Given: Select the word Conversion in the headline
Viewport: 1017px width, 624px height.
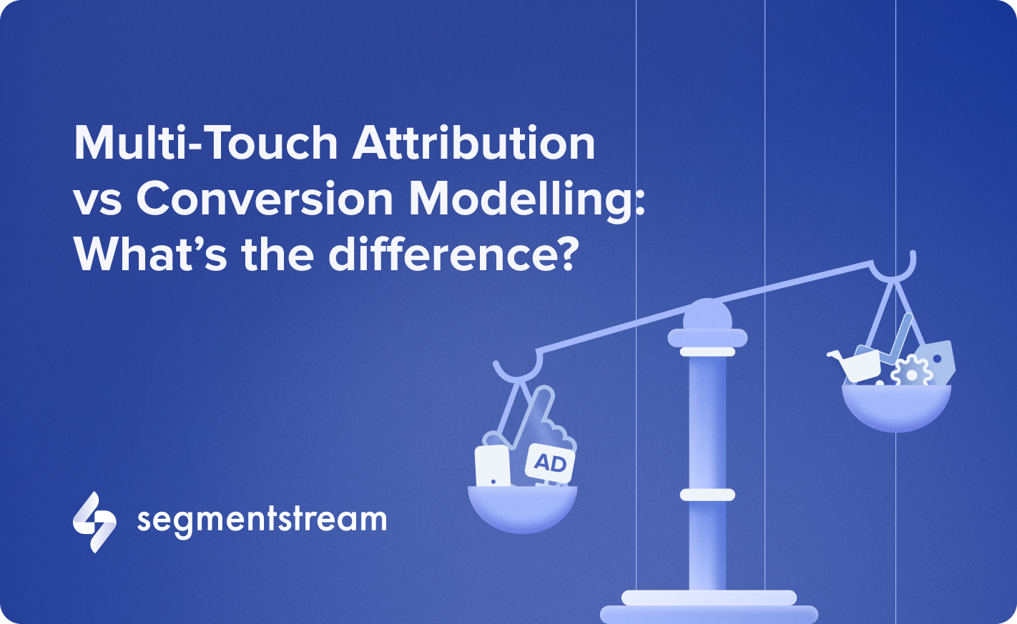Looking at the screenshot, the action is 265,198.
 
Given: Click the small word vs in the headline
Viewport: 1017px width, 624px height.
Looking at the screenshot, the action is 97,203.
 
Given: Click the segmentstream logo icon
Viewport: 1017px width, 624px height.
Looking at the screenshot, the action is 94,522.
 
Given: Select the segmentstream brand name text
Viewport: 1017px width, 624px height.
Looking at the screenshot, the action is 262,520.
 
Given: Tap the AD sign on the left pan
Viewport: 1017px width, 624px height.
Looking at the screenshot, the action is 550,463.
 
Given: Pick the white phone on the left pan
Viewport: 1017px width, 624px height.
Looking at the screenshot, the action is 492,465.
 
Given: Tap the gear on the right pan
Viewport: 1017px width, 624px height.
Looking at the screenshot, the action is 910,372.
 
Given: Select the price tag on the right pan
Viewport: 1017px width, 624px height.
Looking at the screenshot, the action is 936,362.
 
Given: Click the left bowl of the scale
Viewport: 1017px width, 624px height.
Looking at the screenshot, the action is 522,509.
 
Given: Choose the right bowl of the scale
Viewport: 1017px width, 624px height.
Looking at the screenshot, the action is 896,408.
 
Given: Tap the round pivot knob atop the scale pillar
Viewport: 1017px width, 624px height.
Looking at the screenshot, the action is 707,314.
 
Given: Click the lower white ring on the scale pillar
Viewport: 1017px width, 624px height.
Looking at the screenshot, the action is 707,495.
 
